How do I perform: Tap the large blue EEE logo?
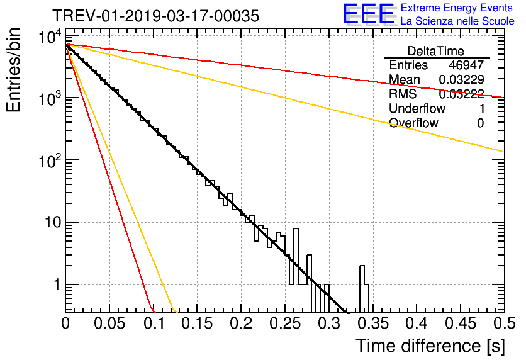click(x=368, y=14)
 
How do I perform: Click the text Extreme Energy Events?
click(x=457, y=8)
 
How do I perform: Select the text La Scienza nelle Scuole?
click(x=457, y=21)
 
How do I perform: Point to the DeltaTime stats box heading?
click(x=436, y=50)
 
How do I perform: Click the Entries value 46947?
click(x=466, y=65)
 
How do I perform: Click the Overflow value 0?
click(x=480, y=123)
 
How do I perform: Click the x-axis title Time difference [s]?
click(x=430, y=346)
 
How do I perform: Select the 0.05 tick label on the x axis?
click(x=109, y=324)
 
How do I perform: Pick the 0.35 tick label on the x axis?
click(x=372, y=324)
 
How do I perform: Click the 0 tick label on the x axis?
click(x=66, y=324)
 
